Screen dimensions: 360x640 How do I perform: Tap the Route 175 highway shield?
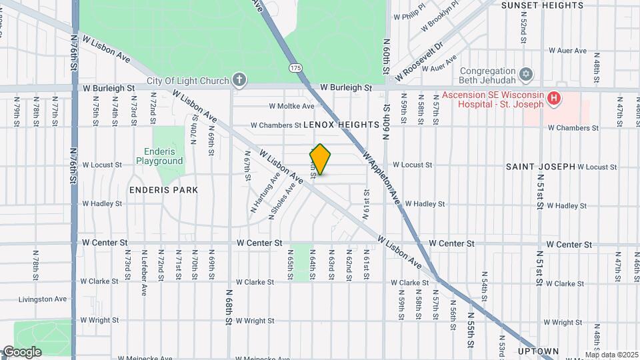pyautogui.click(x=296, y=68)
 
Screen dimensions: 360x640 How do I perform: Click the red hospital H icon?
pyautogui.click(x=553, y=99)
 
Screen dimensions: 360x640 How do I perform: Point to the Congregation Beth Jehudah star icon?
pyautogui.click(x=526, y=72)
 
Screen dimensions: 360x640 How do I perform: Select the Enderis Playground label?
pyautogui.click(x=159, y=157)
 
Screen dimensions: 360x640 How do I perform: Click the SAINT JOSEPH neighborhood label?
pyautogui.click(x=540, y=166)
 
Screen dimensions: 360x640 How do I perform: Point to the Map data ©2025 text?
pyautogui.click(x=611, y=355)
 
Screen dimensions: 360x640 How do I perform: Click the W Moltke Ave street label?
pyautogui.click(x=291, y=106)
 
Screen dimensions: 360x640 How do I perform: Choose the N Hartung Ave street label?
pyautogui.click(x=265, y=193)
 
